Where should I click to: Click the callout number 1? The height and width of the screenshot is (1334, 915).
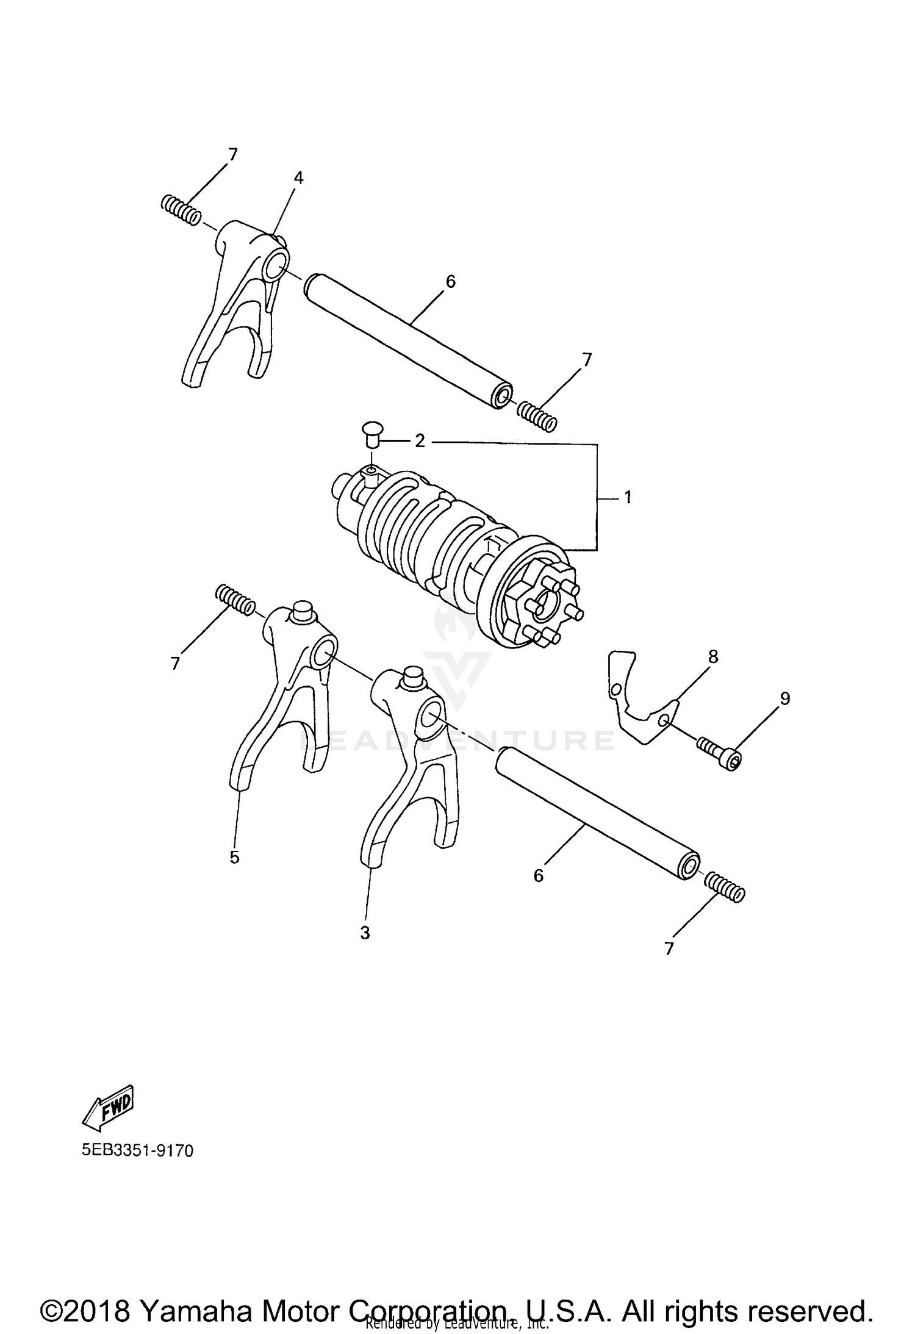(x=628, y=497)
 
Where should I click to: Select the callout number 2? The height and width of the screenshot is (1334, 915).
(x=420, y=441)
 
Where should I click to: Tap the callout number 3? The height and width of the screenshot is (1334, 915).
(x=365, y=933)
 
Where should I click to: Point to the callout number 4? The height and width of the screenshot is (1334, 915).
(x=298, y=178)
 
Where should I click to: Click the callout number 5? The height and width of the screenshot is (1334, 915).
(x=235, y=857)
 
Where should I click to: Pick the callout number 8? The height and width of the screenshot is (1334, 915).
(x=713, y=656)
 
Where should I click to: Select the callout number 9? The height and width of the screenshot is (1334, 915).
(x=785, y=698)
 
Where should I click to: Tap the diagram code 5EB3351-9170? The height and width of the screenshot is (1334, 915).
(x=138, y=1150)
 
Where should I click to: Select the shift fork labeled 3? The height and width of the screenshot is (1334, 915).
(x=409, y=762)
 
